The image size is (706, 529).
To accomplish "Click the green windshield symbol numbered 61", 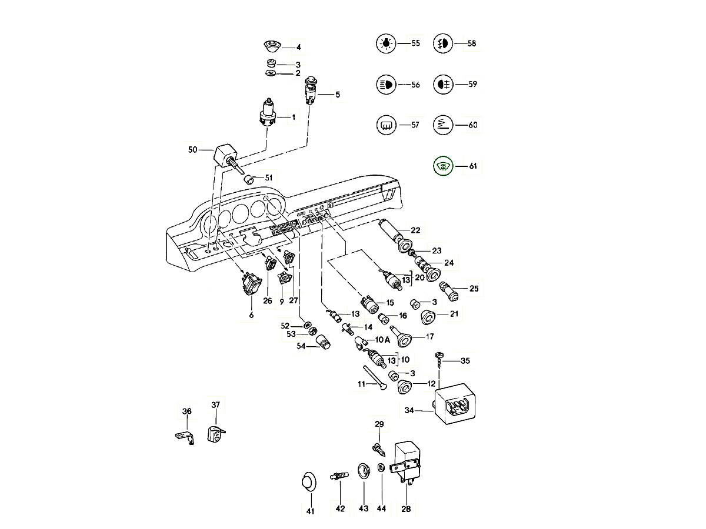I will pyautogui.click(x=442, y=166).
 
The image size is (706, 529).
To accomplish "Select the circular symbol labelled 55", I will pyautogui.click(x=385, y=43).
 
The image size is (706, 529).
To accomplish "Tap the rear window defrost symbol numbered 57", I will pyautogui.click(x=385, y=125).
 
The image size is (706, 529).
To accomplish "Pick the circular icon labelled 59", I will pyautogui.click(x=442, y=85).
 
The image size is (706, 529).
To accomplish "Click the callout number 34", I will pyautogui.click(x=409, y=411).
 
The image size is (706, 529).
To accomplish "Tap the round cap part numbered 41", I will pyautogui.click(x=308, y=482).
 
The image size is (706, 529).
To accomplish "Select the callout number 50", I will pyautogui.click(x=192, y=150).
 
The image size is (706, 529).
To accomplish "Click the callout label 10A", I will pyautogui.click(x=383, y=340).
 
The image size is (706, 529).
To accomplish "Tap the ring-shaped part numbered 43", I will pyautogui.click(x=363, y=471).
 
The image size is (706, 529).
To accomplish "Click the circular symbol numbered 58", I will pyautogui.click(x=442, y=43).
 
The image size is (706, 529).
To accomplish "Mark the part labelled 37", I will pyautogui.click(x=214, y=434).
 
